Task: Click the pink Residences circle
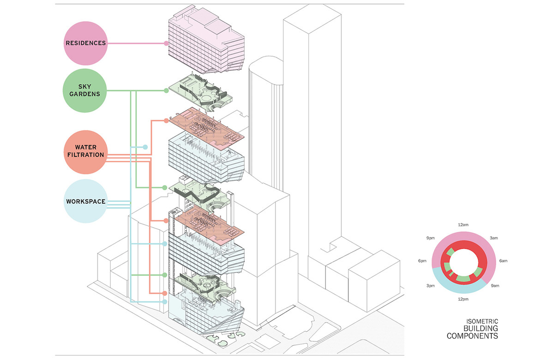85,43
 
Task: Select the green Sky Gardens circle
85,90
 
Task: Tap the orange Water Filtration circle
85,151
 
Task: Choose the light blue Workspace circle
85,201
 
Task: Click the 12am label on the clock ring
463,225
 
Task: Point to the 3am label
494,238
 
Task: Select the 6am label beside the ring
504,261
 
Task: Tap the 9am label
495,286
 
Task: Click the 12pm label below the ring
463,299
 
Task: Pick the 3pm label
431,286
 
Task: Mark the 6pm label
422,261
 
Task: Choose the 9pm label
431,238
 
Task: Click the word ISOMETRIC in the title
482,321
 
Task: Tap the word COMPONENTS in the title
473,336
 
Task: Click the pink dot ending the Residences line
166,43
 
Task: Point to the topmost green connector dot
166,90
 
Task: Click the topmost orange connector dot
166,121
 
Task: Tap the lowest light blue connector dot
165,302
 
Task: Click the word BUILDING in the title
481,328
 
